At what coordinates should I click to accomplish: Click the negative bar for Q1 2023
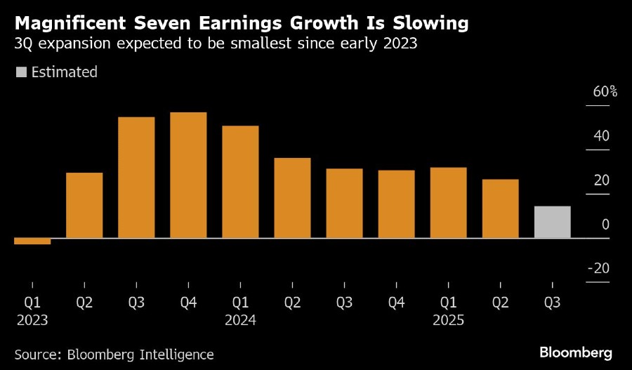[x=32, y=241]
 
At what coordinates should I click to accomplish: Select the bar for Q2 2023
[x=84, y=205]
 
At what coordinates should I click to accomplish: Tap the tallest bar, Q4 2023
[x=188, y=175]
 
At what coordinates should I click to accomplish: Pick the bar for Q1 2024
[x=240, y=182]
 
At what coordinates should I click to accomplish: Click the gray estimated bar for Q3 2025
[x=552, y=222]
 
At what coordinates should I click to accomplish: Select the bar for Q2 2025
[x=500, y=209]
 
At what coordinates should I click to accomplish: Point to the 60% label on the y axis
[x=605, y=91]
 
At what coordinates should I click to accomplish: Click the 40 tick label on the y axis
[x=601, y=136]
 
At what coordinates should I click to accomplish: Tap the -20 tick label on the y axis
[x=599, y=269]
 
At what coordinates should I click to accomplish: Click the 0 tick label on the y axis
[x=605, y=225]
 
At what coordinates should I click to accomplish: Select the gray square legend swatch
[x=21, y=72]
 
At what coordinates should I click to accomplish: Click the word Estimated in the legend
[x=64, y=72]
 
